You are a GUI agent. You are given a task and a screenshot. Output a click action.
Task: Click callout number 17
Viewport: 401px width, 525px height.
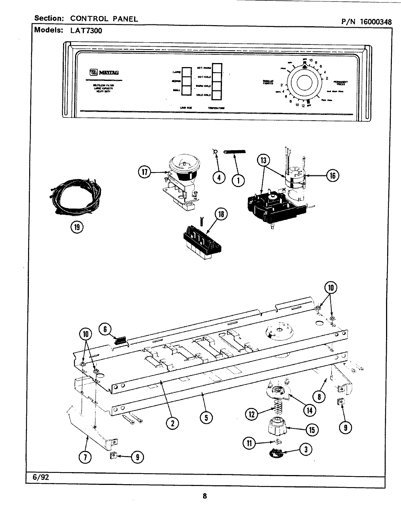pyautogui.click(x=145, y=172)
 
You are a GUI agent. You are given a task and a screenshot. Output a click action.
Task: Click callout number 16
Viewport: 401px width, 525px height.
pyautogui.click(x=332, y=176)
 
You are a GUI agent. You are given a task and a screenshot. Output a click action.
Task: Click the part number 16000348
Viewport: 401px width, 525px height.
pyautogui.click(x=376, y=22)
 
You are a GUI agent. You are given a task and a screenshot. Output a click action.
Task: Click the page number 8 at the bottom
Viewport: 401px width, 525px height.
pyautogui.click(x=205, y=496)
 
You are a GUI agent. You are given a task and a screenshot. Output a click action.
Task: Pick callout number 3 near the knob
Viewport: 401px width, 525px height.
pyautogui.click(x=305, y=449)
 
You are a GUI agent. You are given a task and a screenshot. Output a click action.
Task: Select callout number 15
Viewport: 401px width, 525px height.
pyautogui.click(x=312, y=430)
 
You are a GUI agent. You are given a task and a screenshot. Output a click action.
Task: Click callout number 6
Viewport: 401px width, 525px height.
pyautogui.click(x=105, y=329)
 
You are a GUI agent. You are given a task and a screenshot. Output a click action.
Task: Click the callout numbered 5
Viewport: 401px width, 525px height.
pyautogui.click(x=206, y=418)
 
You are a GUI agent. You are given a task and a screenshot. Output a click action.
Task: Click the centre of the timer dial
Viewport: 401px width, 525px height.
pyautogui.click(x=305, y=82)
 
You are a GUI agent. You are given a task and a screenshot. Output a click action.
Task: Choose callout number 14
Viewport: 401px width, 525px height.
pyautogui.click(x=309, y=409)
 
